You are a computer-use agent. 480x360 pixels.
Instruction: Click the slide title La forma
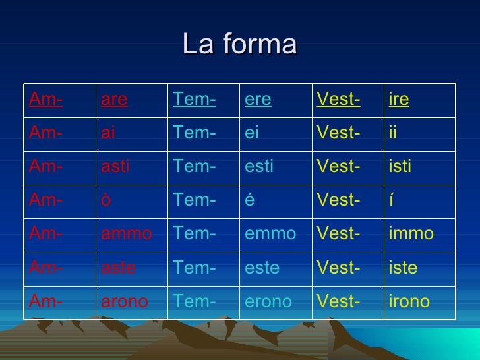(x=239, y=45)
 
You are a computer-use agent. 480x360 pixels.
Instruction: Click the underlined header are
(x=113, y=100)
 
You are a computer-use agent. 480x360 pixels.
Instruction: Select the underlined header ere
(x=258, y=100)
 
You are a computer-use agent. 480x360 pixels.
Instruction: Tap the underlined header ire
(x=399, y=100)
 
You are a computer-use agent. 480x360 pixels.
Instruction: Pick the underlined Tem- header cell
(x=195, y=100)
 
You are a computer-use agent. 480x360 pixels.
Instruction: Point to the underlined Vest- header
(x=338, y=100)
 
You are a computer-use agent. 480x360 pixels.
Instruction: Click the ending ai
(x=109, y=133)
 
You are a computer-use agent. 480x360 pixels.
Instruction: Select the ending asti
(x=115, y=166)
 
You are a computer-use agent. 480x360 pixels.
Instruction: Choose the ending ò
(x=105, y=200)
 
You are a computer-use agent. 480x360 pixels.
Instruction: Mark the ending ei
(x=251, y=133)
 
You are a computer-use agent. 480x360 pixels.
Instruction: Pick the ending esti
(x=258, y=166)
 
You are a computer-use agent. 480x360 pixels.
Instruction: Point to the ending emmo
(x=270, y=233)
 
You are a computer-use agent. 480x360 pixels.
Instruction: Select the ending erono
(x=268, y=301)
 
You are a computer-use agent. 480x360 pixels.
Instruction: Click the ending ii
(x=393, y=133)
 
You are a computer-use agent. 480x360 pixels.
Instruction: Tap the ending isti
(x=400, y=166)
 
